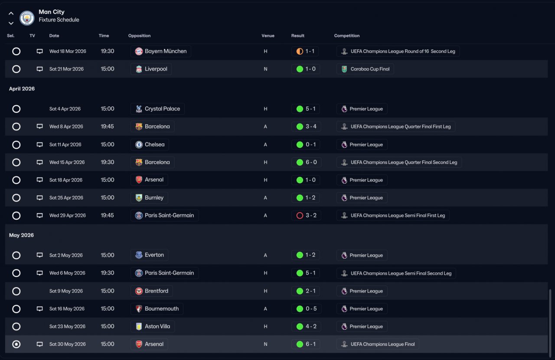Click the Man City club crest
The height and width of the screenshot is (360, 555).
click(x=27, y=18)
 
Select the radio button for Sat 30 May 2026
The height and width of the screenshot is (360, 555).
click(x=16, y=344)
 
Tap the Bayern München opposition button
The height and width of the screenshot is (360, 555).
click(x=160, y=51)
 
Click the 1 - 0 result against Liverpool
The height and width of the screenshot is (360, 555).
click(x=306, y=69)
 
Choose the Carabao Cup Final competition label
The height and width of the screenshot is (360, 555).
click(x=365, y=69)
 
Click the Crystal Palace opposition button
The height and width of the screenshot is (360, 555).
click(x=157, y=109)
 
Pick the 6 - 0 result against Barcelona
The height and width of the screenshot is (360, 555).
click(x=306, y=162)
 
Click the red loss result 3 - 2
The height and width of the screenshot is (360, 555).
click(x=306, y=215)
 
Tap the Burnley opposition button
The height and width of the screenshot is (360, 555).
click(x=149, y=198)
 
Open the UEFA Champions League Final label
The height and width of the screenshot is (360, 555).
click(x=378, y=344)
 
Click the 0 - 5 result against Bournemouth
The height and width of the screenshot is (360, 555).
click(x=306, y=309)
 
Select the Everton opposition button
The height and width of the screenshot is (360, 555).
click(x=149, y=255)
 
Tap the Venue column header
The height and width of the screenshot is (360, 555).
click(x=268, y=36)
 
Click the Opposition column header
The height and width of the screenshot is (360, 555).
click(x=139, y=36)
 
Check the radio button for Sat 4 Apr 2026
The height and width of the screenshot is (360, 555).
click(x=16, y=109)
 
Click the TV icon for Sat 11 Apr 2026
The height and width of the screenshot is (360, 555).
click(x=40, y=145)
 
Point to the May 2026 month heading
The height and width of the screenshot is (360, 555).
click(x=21, y=235)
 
